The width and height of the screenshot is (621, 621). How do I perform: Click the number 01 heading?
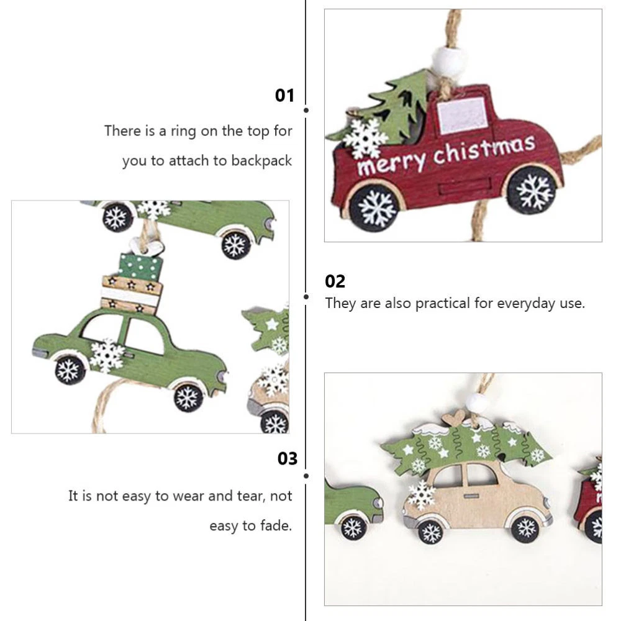pos(284,96)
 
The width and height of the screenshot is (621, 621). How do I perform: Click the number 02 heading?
pos(335,281)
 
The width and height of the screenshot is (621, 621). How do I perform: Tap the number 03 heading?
pos(287,459)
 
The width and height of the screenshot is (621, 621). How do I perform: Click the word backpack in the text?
pos(261,161)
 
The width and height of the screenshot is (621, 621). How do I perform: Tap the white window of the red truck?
pos(462,114)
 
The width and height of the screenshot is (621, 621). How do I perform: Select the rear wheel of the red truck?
pos(374,208)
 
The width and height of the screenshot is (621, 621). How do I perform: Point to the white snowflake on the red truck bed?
pos(365,138)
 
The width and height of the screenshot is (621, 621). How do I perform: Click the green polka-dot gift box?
pos(140,267)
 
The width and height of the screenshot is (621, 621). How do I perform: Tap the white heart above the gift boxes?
pos(147,247)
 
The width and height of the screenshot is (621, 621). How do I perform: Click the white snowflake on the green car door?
pos(107,355)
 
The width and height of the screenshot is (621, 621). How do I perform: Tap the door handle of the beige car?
pos(471,496)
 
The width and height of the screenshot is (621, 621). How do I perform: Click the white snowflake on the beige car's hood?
pos(422,495)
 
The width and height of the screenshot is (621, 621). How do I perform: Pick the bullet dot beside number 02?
pos(306,297)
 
